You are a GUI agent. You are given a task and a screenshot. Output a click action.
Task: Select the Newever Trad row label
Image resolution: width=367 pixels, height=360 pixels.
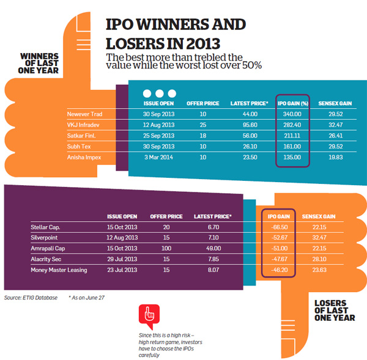(84, 114)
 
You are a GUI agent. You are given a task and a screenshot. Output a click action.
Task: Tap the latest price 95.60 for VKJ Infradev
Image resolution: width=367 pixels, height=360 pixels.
(250, 125)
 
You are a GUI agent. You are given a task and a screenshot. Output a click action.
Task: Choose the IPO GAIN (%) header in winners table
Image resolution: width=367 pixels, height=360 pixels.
(293, 103)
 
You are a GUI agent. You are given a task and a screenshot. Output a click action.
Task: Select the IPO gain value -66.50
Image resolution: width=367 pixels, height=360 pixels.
(279, 227)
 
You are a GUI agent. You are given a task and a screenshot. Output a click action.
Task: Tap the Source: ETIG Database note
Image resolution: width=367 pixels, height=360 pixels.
(31, 298)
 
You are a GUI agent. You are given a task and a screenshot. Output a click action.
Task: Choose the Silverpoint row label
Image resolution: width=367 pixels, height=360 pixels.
(45, 238)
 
